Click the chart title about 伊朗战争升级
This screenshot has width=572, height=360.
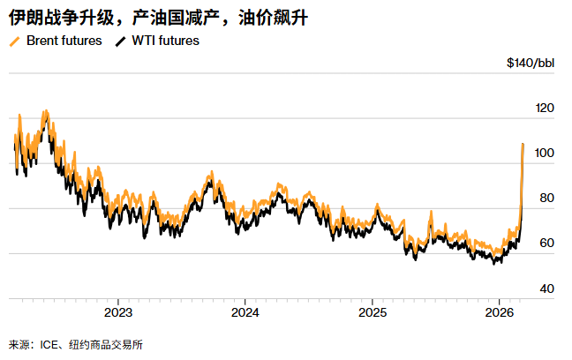click(x=158, y=18)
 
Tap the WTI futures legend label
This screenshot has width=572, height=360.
click(x=165, y=41)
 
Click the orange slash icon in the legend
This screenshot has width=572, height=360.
click(x=15, y=41)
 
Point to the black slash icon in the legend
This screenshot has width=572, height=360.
click(x=121, y=41)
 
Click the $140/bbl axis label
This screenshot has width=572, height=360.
click(x=530, y=63)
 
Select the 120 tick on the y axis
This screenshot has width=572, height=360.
click(x=546, y=108)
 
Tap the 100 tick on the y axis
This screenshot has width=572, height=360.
click(x=546, y=154)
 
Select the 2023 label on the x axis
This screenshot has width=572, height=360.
click(x=118, y=313)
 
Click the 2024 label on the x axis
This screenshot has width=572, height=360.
click(x=245, y=313)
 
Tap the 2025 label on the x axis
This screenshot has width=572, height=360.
click(x=373, y=313)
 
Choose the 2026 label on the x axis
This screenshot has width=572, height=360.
click(x=500, y=313)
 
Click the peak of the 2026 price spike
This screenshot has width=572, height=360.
click(x=523, y=144)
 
